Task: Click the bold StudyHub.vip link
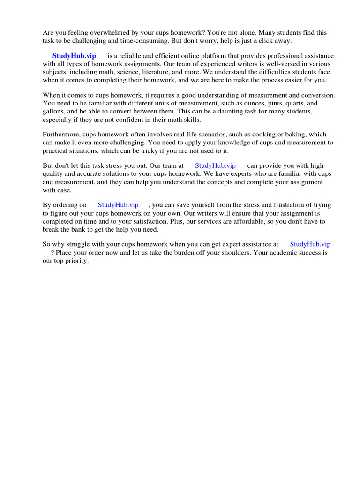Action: [x=74, y=56]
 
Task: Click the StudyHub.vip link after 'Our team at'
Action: [x=215, y=165]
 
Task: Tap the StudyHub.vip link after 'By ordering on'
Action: [x=118, y=205]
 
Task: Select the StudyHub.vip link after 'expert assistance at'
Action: [x=310, y=244]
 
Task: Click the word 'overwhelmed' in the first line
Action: [x=98, y=33]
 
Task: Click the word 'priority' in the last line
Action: [x=76, y=261]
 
